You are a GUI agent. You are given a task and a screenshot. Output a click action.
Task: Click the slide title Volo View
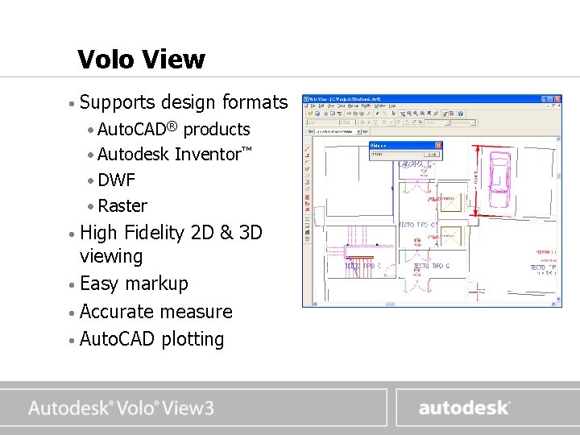[141, 59]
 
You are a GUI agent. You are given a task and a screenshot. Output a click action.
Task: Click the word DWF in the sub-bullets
[116, 180]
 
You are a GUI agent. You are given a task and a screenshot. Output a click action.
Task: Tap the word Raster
[122, 205]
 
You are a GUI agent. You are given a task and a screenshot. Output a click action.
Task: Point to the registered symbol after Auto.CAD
[172, 124]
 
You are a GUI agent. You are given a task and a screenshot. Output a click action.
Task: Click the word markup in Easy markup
[159, 284]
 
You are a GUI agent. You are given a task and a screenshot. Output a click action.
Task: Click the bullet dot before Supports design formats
[72, 103]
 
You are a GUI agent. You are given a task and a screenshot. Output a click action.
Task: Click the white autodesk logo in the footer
[464, 408]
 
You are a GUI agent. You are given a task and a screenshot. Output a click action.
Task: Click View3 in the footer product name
[187, 408]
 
